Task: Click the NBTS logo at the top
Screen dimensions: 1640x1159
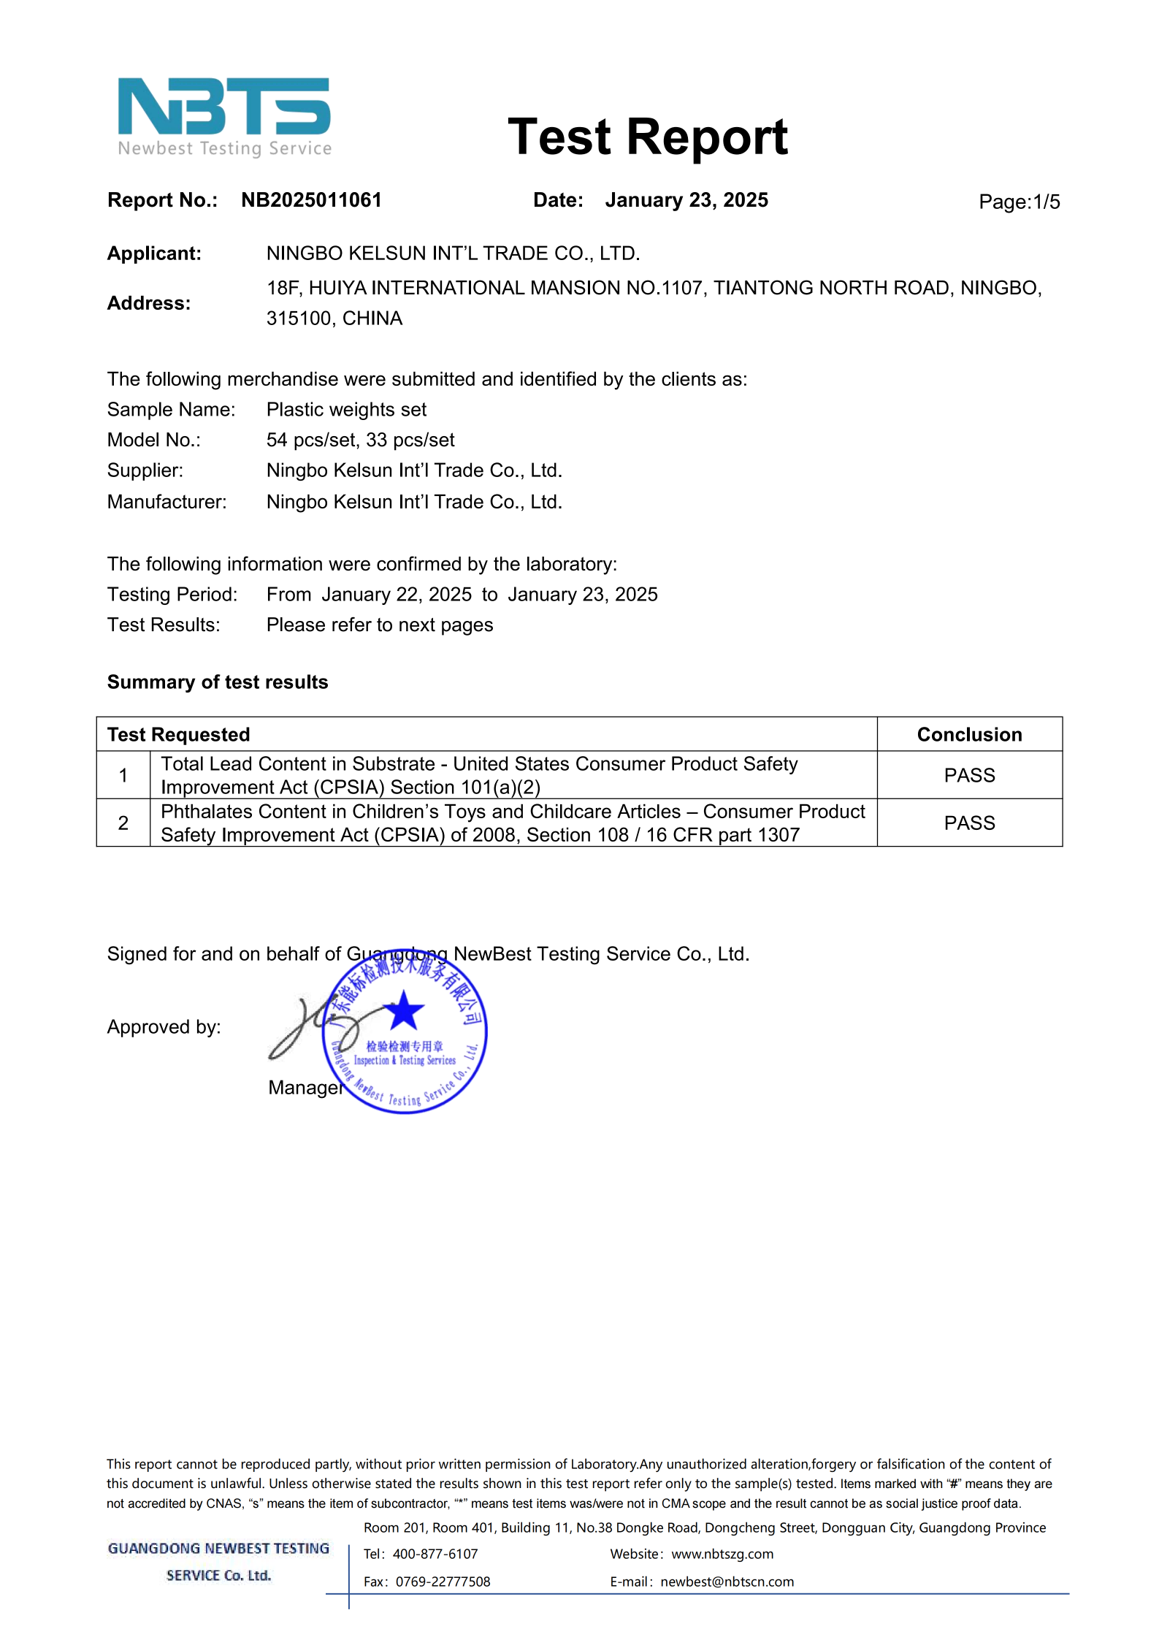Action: click(x=224, y=117)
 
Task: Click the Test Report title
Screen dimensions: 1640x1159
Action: click(x=647, y=137)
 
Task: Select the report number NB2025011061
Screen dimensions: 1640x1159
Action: click(x=311, y=200)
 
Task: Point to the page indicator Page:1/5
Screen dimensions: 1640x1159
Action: click(x=1019, y=202)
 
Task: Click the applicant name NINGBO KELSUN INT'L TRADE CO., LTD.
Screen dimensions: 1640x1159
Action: click(x=453, y=253)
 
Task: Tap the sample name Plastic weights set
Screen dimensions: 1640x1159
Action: click(x=346, y=410)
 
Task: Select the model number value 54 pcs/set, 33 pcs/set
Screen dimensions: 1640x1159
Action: click(x=360, y=440)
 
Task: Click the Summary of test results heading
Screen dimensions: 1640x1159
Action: click(x=218, y=682)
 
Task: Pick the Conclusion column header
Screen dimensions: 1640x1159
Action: click(x=969, y=735)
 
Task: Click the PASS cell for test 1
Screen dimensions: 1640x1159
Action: click(x=969, y=776)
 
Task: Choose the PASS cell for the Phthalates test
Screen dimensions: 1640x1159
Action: click(x=969, y=823)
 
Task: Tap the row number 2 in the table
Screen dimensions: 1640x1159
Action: click(x=123, y=823)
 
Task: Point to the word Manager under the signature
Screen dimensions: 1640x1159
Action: click(x=305, y=1088)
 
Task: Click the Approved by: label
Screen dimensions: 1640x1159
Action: click(x=164, y=1028)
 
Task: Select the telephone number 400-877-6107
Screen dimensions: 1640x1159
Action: click(x=435, y=1555)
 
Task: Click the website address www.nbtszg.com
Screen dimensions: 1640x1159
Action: click(x=722, y=1555)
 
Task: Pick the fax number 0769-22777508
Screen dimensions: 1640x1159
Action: click(x=443, y=1582)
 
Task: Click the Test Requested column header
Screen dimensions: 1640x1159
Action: click(x=178, y=735)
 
